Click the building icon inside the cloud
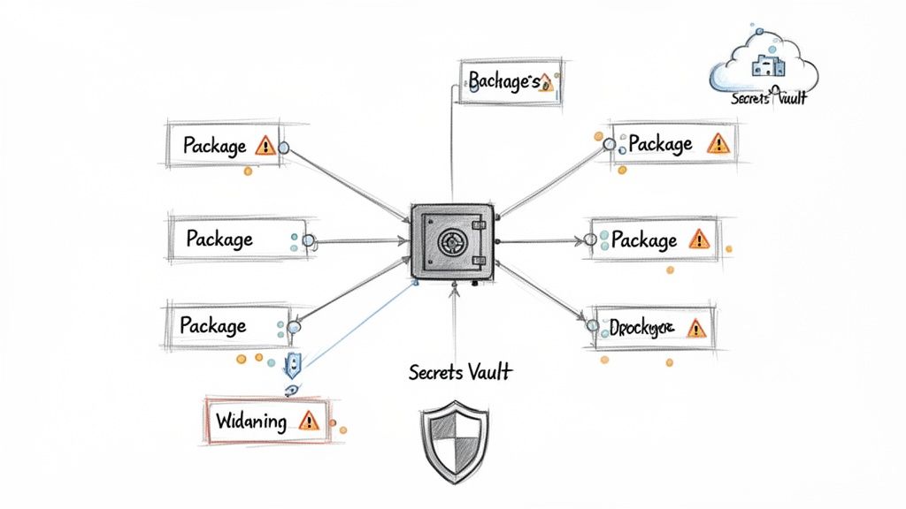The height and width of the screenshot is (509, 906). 762,65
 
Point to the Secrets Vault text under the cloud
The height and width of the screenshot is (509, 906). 769,98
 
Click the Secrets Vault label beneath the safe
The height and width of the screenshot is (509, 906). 460,372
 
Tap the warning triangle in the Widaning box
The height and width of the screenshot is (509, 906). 308,421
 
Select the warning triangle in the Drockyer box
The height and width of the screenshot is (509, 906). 697,329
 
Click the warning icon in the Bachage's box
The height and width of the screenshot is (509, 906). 546,82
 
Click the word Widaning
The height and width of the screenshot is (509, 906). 251,421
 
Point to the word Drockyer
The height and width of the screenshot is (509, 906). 641,329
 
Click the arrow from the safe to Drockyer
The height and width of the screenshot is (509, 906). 544,292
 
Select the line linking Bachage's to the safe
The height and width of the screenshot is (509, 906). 452,141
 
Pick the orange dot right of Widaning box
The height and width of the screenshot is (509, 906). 343,430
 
